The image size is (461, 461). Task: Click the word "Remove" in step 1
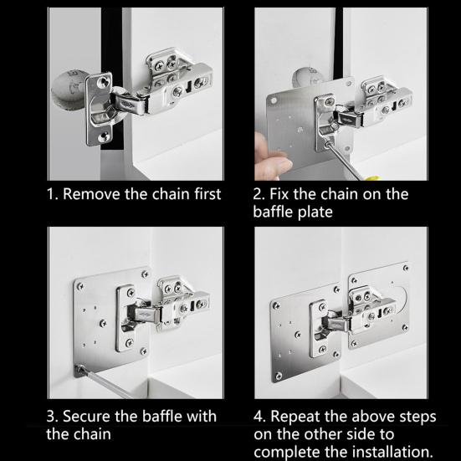pyautogui.click(x=91, y=194)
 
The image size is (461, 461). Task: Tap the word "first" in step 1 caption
pyautogui.click(x=207, y=194)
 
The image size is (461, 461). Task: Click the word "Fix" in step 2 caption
pyautogui.click(x=279, y=194)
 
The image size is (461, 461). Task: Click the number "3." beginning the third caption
pyautogui.click(x=53, y=417)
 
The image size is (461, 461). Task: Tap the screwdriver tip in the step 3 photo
pyautogui.click(x=79, y=368)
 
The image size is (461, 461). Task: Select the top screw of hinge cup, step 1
pyautogui.click(x=103, y=82)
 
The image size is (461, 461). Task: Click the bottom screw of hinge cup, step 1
pyautogui.click(x=103, y=136)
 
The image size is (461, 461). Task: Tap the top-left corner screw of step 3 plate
pyautogui.click(x=80, y=285)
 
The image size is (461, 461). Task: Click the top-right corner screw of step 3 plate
pyautogui.click(x=145, y=274)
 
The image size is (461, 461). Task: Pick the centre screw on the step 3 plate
pyautogui.click(x=103, y=324)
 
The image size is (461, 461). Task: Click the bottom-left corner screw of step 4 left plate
pyautogui.click(x=278, y=376)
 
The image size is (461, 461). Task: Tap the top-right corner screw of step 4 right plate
pyautogui.click(x=406, y=268)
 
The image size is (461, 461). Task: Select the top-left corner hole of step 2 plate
pyautogui.click(x=274, y=101)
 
